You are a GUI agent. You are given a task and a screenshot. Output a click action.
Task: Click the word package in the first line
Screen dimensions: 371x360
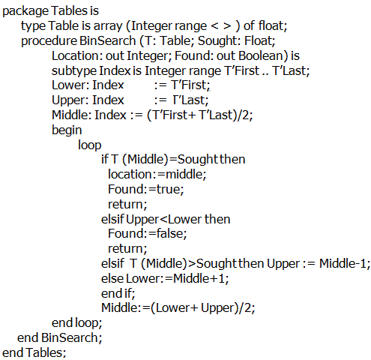(25, 11)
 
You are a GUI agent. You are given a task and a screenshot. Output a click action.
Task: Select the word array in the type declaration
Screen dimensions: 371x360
(108, 26)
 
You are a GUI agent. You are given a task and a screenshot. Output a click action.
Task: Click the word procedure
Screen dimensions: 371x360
(49, 41)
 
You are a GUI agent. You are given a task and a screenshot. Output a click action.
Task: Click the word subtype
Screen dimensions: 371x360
(74, 71)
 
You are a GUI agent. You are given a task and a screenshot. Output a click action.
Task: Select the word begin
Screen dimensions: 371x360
(67, 130)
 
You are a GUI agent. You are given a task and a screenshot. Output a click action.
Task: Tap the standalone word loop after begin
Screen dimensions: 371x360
(90, 145)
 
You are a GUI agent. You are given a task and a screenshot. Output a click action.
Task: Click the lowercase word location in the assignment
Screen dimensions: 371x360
(130, 174)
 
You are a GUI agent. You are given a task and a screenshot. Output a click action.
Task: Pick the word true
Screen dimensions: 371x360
(169, 189)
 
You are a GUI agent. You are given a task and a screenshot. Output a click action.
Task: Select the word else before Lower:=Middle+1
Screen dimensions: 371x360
(112, 278)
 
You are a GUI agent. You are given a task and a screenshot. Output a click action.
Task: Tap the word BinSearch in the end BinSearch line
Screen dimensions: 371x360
(70, 337)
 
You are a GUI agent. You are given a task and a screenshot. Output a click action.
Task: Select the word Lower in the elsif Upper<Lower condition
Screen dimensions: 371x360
(185, 220)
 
